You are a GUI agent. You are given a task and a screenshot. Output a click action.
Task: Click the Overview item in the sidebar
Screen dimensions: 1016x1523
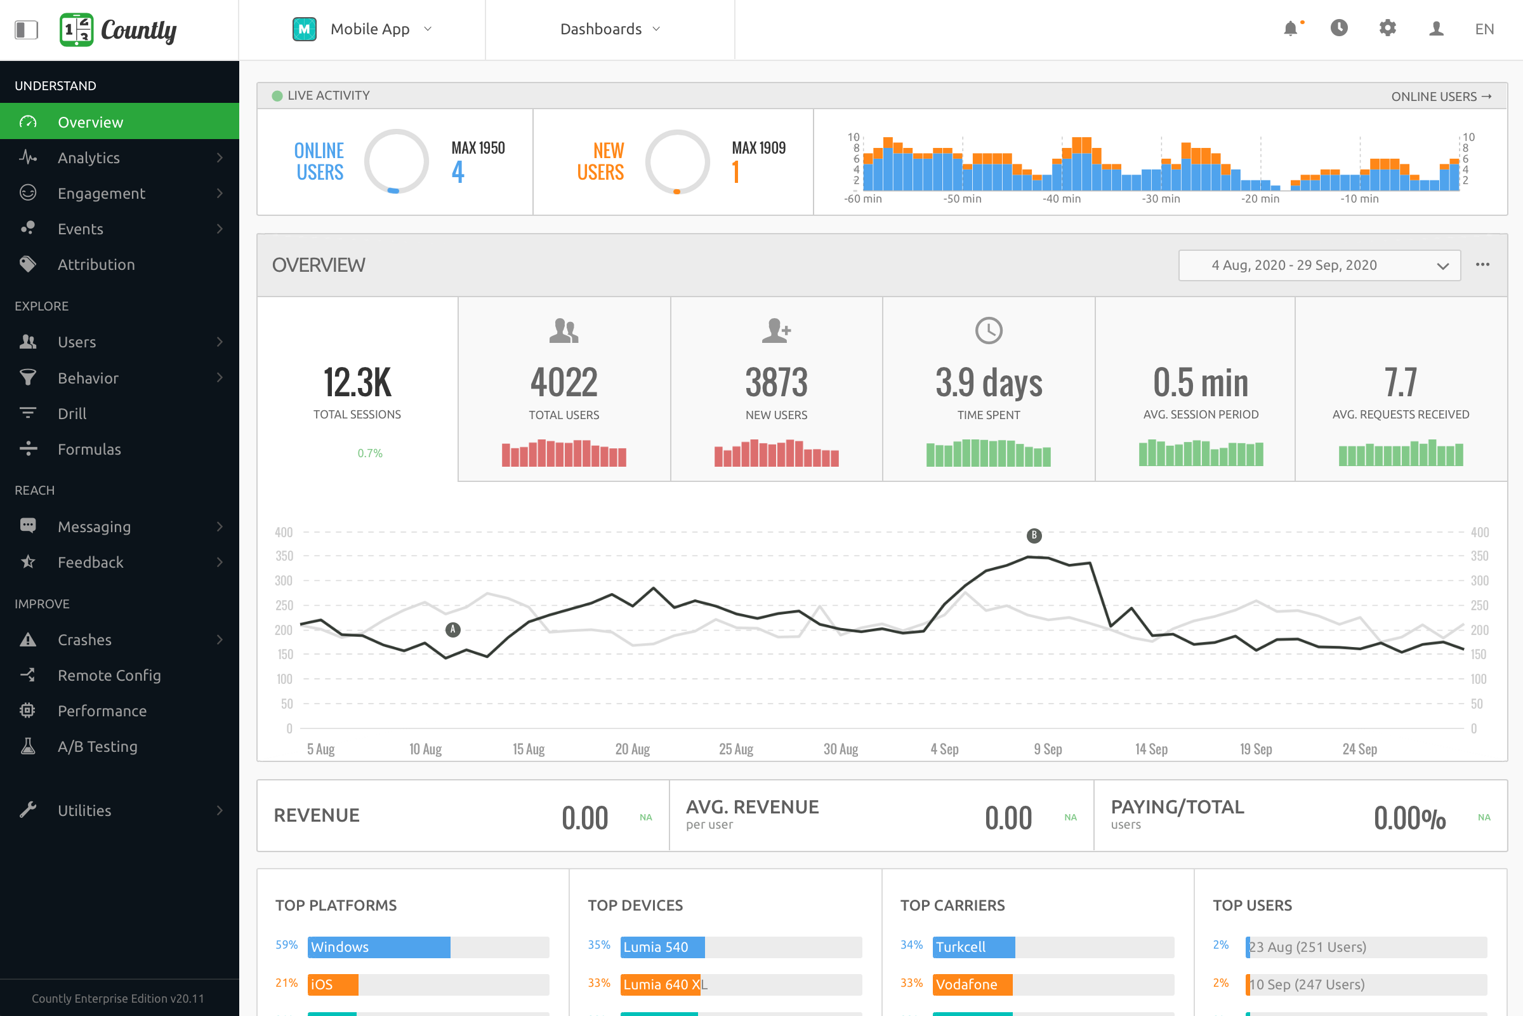[x=91, y=122]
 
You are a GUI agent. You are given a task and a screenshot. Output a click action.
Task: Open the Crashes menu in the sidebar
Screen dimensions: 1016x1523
[x=84, y=639]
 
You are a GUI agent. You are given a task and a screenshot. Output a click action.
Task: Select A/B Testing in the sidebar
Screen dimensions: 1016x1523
[x=97, y=747]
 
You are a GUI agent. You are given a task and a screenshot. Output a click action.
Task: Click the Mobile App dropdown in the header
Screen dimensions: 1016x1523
[x=362, y=29]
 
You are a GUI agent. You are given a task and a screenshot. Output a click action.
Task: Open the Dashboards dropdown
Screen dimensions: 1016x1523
[x=609, y=29]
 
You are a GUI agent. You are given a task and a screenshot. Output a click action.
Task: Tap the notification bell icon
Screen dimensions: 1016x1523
[x=1291, y=29]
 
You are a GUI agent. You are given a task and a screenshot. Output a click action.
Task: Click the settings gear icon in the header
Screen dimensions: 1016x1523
[x=1387, y=29]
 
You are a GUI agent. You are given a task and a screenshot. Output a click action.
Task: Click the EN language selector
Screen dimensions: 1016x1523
[x=1484, y=29]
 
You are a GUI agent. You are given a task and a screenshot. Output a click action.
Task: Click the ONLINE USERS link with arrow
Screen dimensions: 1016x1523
[x=1441, y=97]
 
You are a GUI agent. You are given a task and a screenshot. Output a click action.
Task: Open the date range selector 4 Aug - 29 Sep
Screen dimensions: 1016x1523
[x=1319, y=265]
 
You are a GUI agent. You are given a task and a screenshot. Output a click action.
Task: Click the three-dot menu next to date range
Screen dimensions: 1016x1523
[x=1482, y=264]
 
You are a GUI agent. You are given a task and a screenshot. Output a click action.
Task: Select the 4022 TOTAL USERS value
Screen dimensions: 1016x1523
[x=564, y=382]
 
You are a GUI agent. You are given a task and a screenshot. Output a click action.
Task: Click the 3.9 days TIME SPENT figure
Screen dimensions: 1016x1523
[x=989, y=382]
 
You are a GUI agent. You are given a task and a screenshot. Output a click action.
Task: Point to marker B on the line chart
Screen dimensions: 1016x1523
[x=1034, y=535]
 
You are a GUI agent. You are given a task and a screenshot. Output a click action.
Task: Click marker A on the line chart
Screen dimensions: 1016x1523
[x=453, y=629]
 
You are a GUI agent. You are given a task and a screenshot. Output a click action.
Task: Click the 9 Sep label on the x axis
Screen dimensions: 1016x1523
[x=1048, y=749]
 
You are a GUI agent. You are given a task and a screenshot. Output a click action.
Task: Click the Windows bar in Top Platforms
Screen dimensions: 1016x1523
[x=379, y=947]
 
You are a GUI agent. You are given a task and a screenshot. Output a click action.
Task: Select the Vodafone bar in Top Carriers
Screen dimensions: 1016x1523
[x=972, y=984]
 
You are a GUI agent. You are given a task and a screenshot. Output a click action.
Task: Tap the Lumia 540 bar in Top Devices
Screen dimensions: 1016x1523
[x=662, y=947]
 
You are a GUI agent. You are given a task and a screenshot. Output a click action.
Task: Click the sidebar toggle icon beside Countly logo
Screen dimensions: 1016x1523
[x=27, y=29]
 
